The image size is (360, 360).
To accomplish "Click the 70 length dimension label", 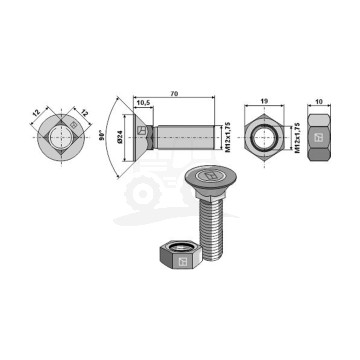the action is point(174,94).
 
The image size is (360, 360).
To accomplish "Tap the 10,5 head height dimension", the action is point(143,103).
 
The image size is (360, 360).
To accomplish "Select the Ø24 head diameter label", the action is point(120,137).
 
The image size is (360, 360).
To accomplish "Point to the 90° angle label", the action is point(103,135).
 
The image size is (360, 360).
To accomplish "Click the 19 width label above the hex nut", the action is point(264,101).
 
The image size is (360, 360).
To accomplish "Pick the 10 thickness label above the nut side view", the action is point(319,101).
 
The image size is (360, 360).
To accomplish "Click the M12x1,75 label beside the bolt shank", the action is point(228,137).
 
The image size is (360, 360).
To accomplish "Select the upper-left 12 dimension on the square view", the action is point(36,113).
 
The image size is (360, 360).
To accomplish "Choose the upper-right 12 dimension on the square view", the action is point(85,113).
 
